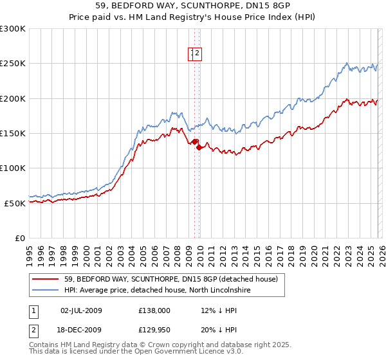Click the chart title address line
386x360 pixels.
tap(192, 5)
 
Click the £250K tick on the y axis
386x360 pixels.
tap(14, 64)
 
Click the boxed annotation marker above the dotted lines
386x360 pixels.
tap(196, 54)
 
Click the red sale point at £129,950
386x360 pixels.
tap(199, 147)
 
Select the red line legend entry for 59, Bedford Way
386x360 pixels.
tap(170, 279)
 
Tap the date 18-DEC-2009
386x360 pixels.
tap(81, 331)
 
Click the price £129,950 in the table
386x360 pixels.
tap(154, 331)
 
